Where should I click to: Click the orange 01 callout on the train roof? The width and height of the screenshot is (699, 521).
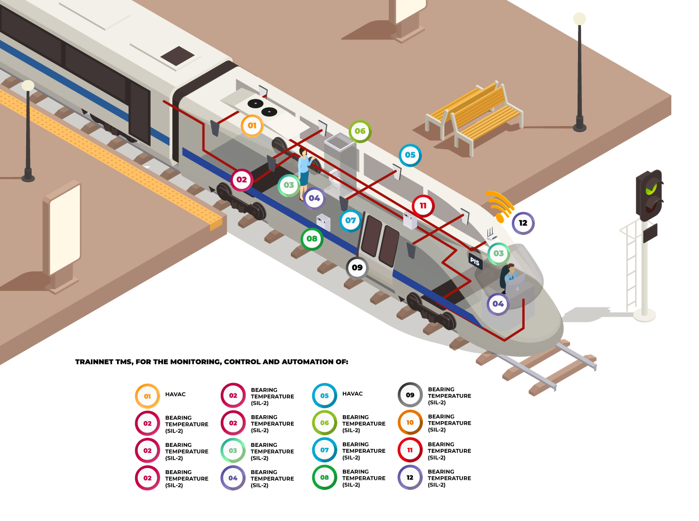252,126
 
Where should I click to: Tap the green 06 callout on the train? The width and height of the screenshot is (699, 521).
360,131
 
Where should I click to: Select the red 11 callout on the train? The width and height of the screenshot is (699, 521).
423,206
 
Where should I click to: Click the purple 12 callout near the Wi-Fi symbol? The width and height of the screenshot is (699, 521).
523,223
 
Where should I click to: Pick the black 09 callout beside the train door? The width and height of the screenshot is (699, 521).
357,267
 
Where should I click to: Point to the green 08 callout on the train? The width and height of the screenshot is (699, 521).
312,239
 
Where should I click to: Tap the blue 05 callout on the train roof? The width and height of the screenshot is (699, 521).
410,155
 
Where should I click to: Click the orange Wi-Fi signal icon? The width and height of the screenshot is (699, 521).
500,205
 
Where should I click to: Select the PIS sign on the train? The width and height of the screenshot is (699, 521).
475,261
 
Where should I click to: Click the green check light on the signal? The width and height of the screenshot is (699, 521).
652,188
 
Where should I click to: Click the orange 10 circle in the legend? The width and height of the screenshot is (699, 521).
410,423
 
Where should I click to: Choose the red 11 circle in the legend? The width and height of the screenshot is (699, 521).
410,450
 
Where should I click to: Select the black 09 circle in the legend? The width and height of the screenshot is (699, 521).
410,395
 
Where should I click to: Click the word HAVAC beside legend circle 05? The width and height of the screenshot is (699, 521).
352,394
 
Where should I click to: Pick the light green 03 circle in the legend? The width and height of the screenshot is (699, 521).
233,451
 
